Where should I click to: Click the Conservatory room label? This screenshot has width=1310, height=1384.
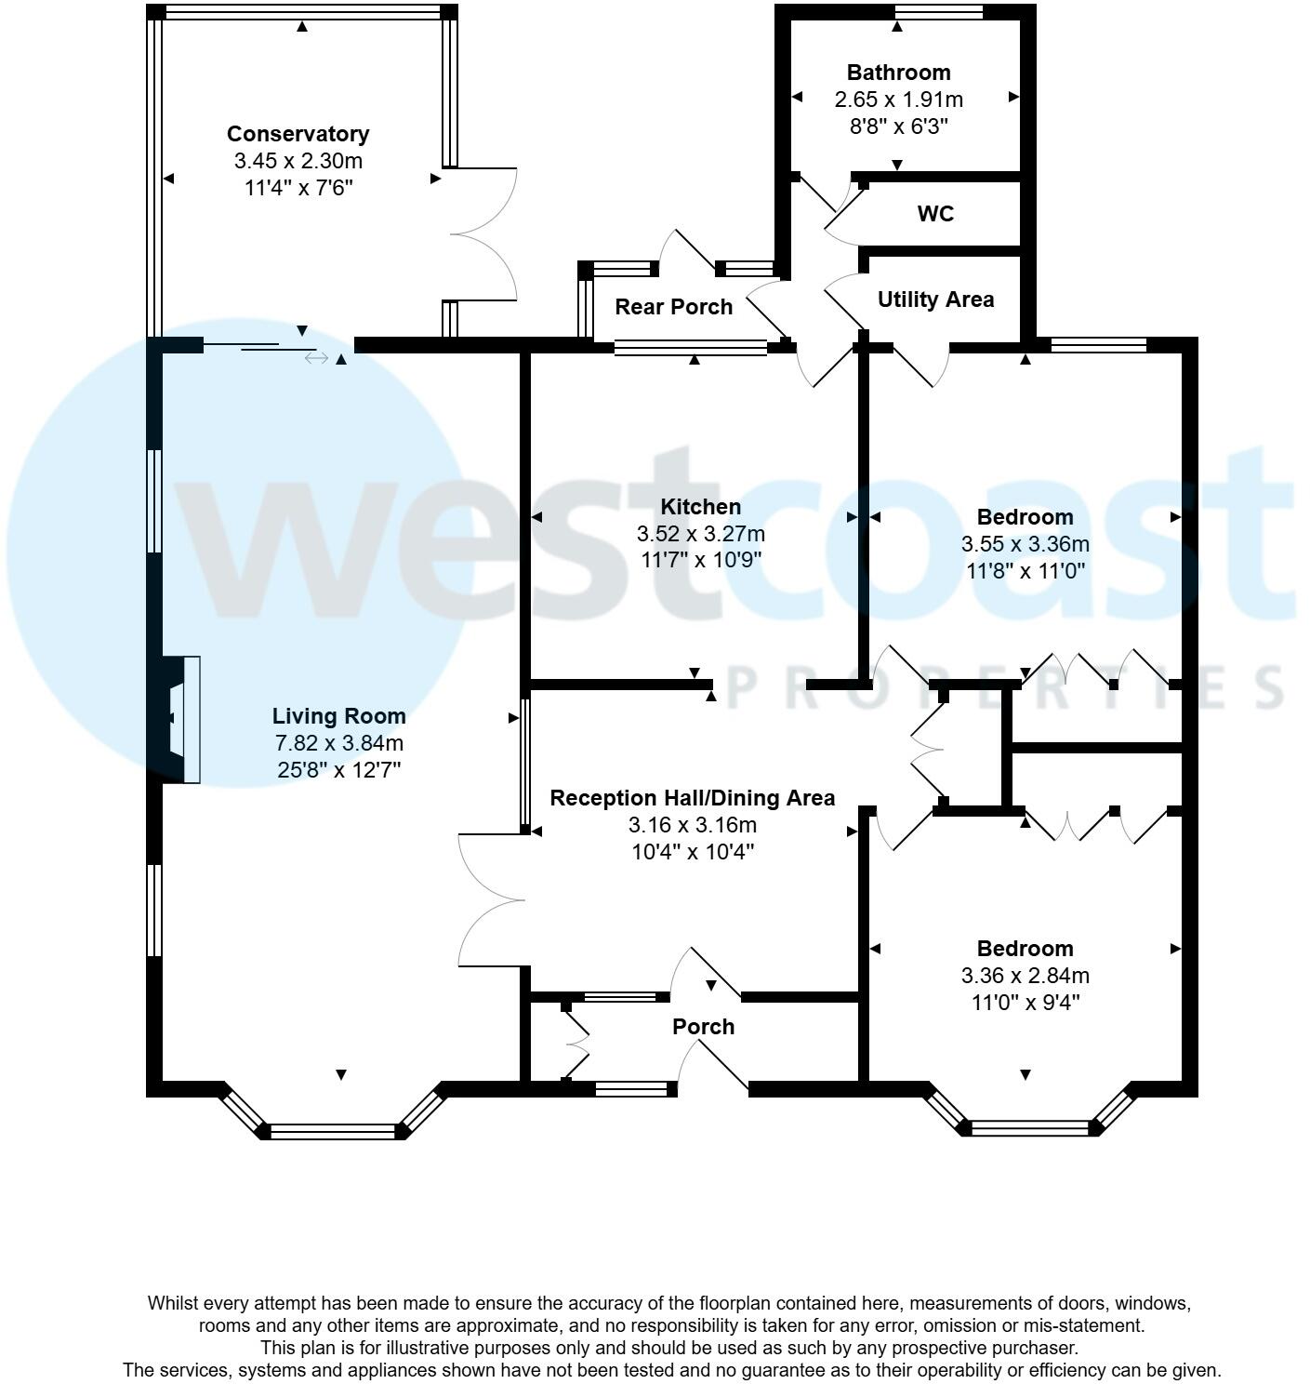pos(298,134)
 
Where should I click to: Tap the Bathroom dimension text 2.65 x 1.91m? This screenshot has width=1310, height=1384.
pos(898,100)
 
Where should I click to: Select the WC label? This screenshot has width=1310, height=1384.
pos(935,214)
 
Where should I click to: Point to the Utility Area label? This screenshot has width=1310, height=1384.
pos(935,299)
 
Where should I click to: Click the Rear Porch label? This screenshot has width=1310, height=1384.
pos(673,307)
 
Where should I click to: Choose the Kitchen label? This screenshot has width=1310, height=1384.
pos(700,507)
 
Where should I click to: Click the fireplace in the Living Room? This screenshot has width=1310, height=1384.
pos(181,720)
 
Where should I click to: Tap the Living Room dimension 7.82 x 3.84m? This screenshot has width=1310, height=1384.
pos(338,743)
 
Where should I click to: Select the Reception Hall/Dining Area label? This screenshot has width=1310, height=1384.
pos(692,798)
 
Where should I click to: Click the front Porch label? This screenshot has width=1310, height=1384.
pos(703,1027)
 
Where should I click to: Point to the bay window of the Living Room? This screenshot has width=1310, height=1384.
pos(333,1130)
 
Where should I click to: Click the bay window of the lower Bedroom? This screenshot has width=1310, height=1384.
pos(1028,1127)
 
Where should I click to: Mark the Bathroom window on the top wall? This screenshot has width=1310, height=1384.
pos(938,12)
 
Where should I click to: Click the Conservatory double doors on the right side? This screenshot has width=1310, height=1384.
pos(483,234)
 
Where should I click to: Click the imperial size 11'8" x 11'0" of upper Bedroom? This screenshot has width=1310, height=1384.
pos(1026,571)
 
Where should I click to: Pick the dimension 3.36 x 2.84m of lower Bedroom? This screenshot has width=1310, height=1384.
pos(1026,976)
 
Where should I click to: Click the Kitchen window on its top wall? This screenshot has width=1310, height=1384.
pos(690,348)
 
